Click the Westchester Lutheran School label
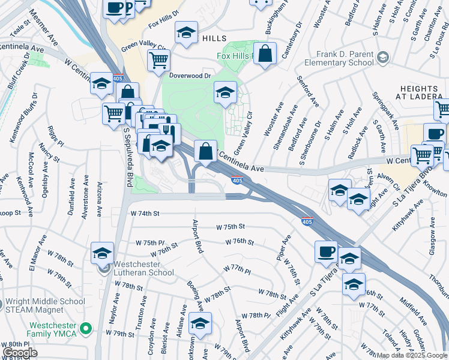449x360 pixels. click(x=142, y=268)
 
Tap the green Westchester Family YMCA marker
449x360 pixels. click(x=86, y=328)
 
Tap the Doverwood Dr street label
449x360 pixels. click(x=190, y=76)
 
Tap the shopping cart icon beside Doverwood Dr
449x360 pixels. click(x=158, y=59)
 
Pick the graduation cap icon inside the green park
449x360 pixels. click(x=225, y=92)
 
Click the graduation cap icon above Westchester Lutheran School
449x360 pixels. click(x=102, y=253)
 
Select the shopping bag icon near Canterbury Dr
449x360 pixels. click(x=265, y=53)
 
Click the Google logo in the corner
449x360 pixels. click(x=20, y=353)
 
